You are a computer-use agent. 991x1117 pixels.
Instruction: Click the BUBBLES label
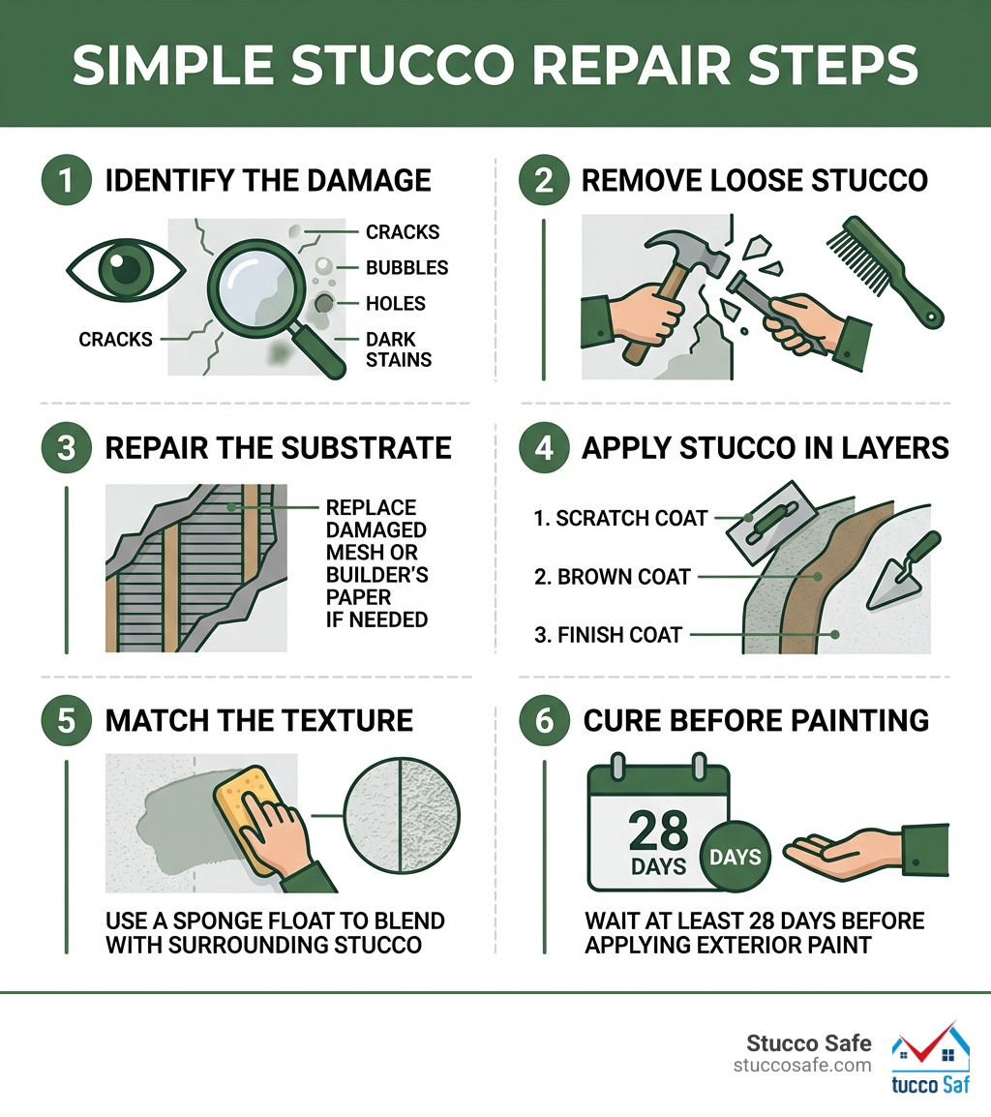tap(406, 268)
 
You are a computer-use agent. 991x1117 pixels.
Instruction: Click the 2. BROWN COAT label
tap(613, 577)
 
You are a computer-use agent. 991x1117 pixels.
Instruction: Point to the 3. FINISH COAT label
tap(608, 635)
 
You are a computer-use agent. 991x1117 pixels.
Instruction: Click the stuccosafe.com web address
tap(802, 1066)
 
